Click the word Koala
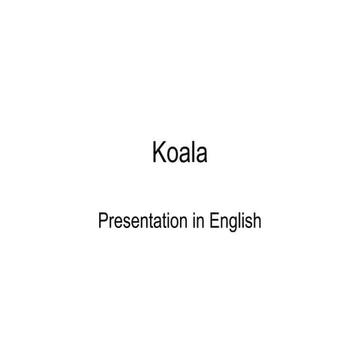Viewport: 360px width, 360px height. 180,152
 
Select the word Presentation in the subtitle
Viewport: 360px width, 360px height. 142,220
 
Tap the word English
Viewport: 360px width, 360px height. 235,222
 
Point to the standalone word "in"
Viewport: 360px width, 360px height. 199,220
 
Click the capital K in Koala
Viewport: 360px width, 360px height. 159,152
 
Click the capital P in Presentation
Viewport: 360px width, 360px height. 103,220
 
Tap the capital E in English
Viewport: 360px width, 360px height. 214,220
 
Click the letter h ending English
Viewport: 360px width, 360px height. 257,220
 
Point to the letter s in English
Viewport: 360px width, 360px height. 249,223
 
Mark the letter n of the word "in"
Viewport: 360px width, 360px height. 200,222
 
